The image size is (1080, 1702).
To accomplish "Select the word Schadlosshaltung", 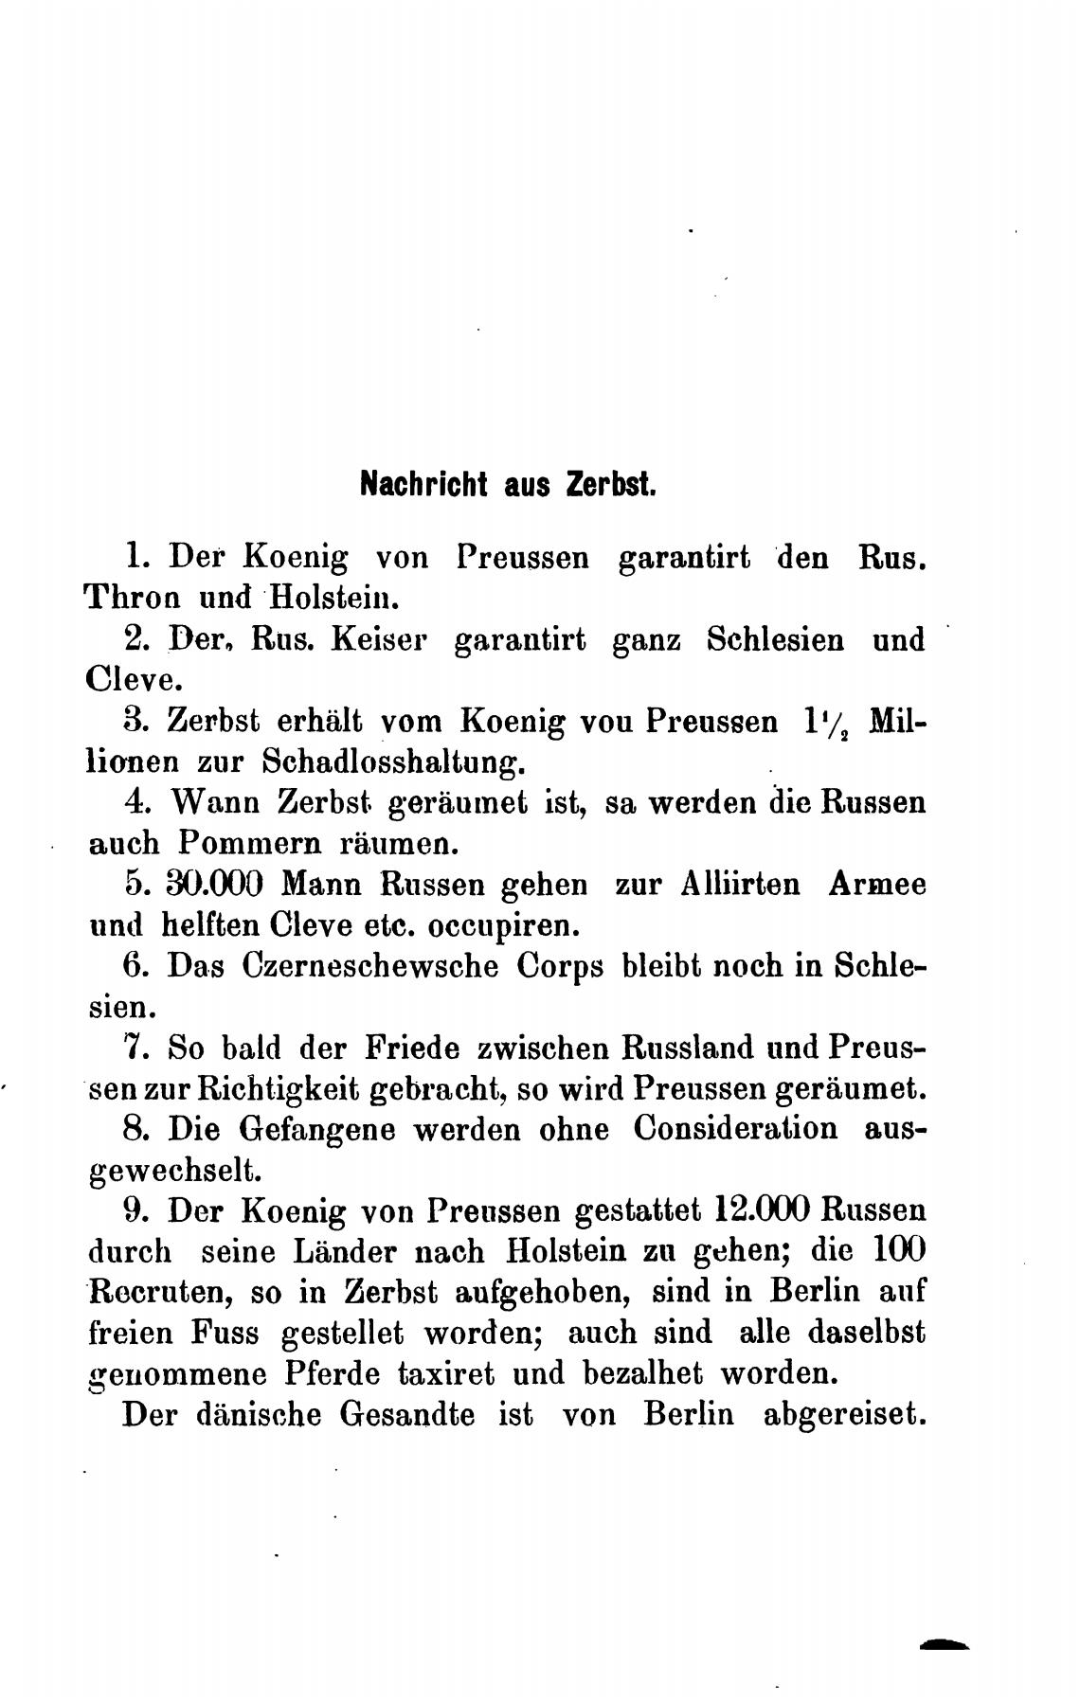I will click(391, 761).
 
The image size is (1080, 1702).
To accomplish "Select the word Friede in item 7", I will click(413, 1048).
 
